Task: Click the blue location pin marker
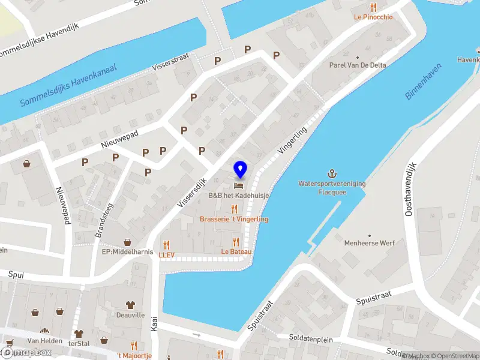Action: [x=241, y=169]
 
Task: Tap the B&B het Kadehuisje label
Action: [x=238, y=196]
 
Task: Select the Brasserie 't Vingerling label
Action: [x=234, y=219]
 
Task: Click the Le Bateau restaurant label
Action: [x=236, y=251]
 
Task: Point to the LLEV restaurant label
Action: [x=166, y=255]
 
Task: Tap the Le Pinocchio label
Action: [x=373, y=17]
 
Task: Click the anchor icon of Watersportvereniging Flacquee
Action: [x=332, y=173]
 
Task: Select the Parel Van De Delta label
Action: [x=358, y=65]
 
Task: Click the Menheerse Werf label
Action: [x=369, y=243]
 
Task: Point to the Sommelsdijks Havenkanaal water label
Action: [x=67, y=85]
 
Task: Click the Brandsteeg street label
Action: [x=100, y=220]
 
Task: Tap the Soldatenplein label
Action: [x=310, y=339]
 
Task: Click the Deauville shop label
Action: [x=130, y=314]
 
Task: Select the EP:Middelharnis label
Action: [x=127, y=251]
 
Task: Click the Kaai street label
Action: [x=154, y=325]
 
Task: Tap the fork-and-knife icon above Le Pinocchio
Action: [x=374, y=7]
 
